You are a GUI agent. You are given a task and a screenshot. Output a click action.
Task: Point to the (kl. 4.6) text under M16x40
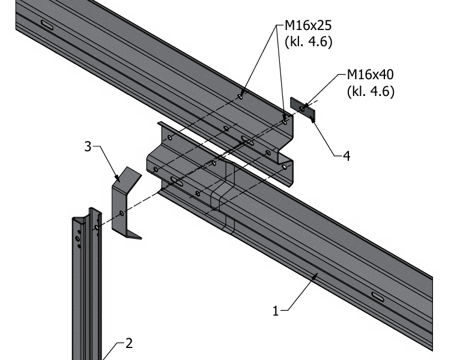coord(371,92)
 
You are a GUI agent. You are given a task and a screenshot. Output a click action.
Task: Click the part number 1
coord(276,311)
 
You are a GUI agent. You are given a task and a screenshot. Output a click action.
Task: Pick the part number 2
coord(128,343)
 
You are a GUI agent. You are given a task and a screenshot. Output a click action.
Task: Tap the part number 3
coord(88,146)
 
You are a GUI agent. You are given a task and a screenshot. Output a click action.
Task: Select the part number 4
coord(346,156)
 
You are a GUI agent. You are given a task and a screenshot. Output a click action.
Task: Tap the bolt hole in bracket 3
coord(122,213)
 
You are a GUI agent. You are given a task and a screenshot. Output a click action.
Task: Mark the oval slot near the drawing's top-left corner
coord(47,25)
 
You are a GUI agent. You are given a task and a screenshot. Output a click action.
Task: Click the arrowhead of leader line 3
coord(118,178)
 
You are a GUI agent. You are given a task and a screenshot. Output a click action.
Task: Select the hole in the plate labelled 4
coord(301,107)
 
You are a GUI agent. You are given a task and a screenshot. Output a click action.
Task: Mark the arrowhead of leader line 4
coord(314,120)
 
